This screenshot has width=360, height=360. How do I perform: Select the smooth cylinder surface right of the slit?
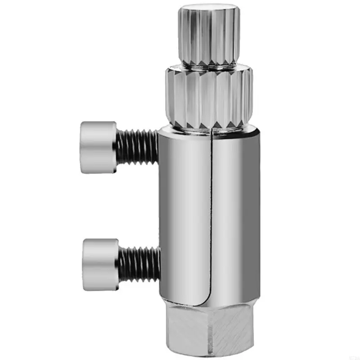[236, 211]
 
